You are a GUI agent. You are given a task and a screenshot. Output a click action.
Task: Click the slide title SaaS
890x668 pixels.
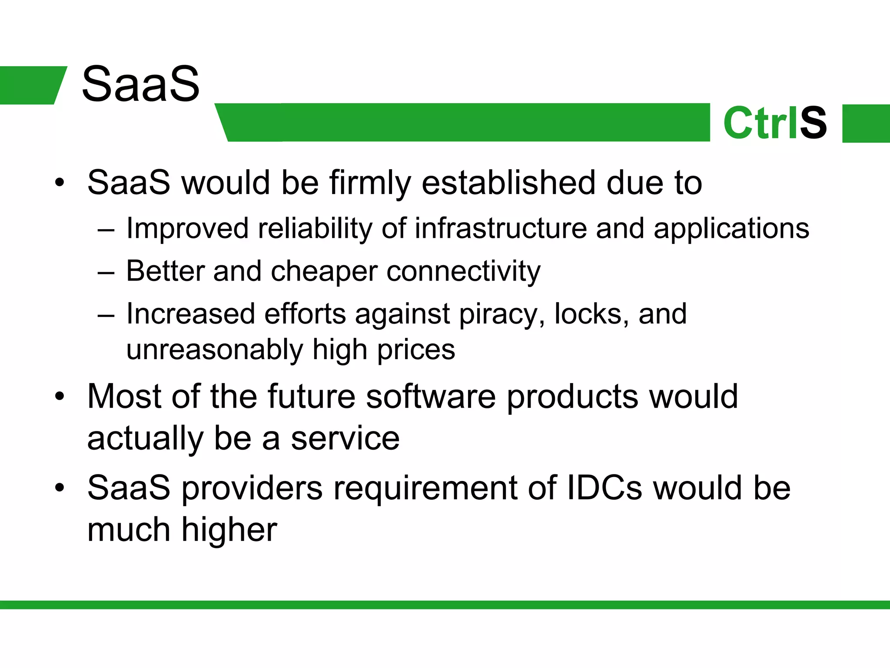coord(140,84)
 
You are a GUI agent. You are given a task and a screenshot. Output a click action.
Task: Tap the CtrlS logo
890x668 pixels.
coord(775,123)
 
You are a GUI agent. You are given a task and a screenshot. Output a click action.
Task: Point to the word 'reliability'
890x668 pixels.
coord(315,229)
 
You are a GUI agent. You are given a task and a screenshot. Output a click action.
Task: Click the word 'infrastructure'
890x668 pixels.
coord(501,229)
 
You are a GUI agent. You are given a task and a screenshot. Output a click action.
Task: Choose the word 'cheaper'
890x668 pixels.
coord(324,272)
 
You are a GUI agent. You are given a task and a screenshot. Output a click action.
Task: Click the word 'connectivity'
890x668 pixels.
coord(463,272)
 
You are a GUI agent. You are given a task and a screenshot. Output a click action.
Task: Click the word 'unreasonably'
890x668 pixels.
coord(215,350)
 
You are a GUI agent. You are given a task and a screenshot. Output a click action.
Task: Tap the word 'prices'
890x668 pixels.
coord(416,350)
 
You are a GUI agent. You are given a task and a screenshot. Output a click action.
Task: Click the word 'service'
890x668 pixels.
coord(345,438)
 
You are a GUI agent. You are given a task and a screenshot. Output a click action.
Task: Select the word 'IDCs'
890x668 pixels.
coord(604,488)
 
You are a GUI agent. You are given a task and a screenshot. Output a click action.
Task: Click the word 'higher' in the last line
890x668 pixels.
coord(229,530)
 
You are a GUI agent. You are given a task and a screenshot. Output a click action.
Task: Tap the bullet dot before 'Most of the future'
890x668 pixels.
coord(60,397)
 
